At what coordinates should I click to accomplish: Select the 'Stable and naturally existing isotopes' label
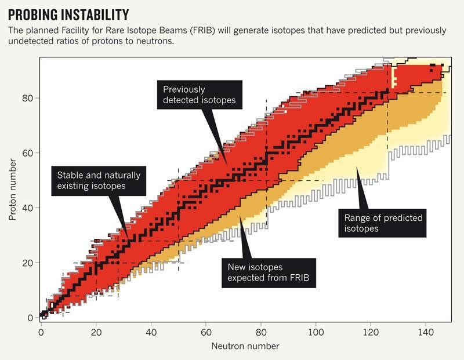coord(98,180)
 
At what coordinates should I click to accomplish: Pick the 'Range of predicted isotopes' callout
coord(383,223)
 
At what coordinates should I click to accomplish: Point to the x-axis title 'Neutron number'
coord(245,346)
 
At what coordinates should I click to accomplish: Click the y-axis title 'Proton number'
coord(12,192)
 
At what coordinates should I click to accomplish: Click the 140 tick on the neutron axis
coord(426,332)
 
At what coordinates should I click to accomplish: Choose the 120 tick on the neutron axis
coord(371,332)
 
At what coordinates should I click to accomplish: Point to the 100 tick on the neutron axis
coord(316,332)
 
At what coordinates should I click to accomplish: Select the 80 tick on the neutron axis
coord(261,332)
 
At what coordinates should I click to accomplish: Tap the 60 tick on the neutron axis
coord(206,332)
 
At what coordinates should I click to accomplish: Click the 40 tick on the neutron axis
coord(151,332)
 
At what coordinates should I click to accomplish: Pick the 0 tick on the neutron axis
coord(41,332)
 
